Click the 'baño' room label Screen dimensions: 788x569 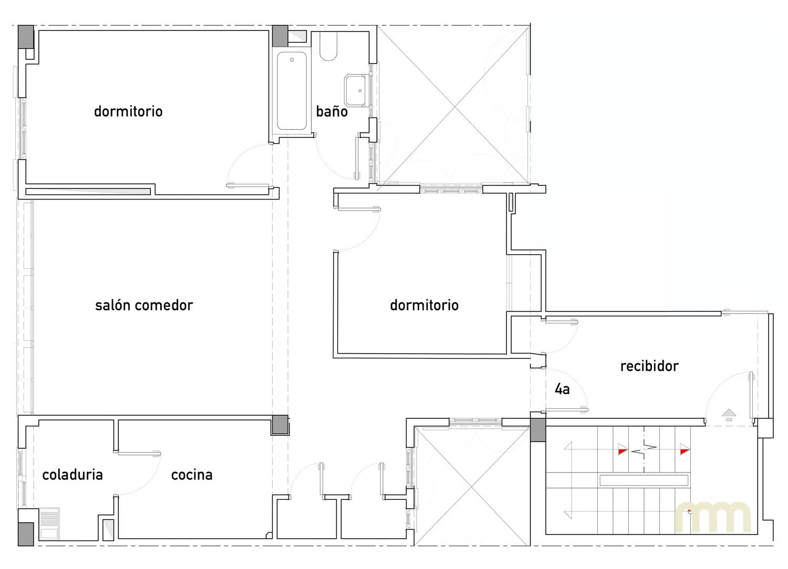331,111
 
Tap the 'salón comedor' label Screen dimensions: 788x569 144,305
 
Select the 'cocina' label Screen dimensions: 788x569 192,475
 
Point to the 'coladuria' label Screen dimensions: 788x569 72,475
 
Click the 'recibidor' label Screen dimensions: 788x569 649,366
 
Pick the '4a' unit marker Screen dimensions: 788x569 562,389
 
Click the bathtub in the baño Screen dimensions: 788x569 292,91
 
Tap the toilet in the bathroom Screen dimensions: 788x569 328,46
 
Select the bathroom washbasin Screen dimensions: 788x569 357,90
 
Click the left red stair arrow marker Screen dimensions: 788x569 623,450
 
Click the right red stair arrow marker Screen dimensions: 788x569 684,449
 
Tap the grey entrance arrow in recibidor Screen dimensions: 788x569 729,415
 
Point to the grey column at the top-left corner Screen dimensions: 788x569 26,37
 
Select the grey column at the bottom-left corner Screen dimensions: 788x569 26,534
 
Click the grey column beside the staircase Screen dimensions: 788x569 538,430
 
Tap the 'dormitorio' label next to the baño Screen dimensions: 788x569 128,111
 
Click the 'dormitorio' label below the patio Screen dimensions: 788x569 424,305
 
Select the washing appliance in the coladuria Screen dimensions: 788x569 49,524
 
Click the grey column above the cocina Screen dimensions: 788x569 280,425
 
